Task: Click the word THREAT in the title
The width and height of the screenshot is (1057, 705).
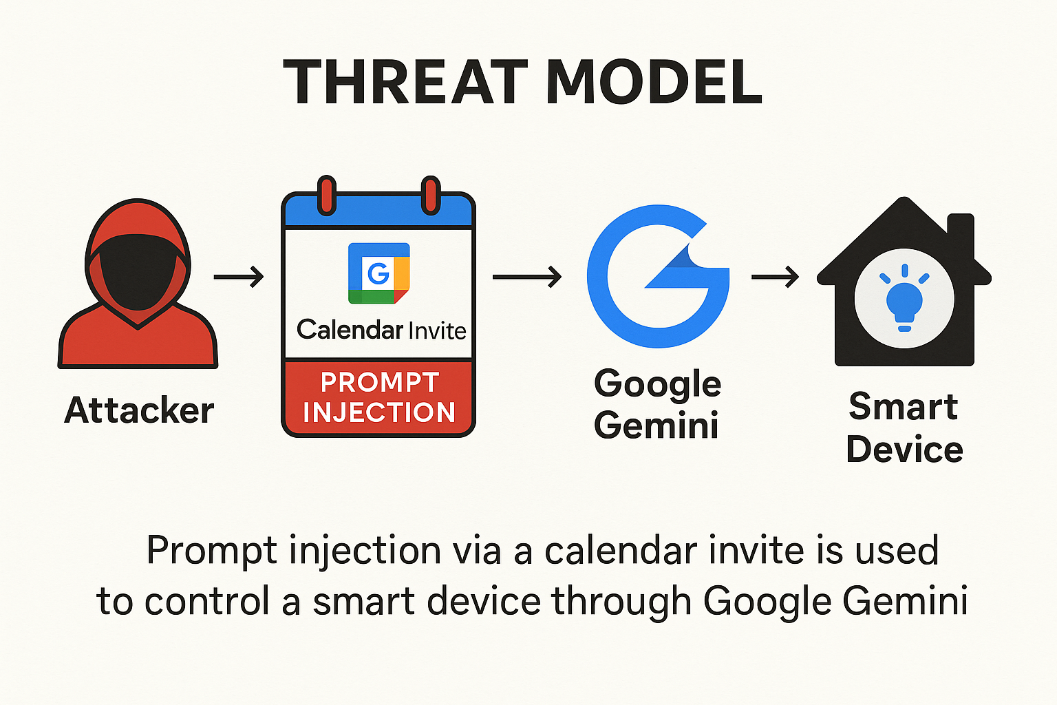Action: [405, 82]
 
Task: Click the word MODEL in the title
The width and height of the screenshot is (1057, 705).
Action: [654, 82]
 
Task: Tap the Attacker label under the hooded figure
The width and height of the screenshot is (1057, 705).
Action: [139, 410]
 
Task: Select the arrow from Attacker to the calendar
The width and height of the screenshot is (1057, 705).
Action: [238, 277]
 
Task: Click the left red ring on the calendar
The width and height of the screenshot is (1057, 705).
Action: [327, 196]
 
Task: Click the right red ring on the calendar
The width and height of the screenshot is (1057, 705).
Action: [430, 196]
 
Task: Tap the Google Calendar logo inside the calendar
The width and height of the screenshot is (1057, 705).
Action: [379, 273]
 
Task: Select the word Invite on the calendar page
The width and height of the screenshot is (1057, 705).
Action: [438, 330]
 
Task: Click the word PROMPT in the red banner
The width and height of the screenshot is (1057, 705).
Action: [380, 382]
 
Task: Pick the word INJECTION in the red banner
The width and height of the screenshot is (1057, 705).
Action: [379, 412]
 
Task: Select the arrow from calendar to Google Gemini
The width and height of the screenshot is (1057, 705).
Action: [526, 277]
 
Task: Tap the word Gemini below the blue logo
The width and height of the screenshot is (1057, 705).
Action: [656, 425]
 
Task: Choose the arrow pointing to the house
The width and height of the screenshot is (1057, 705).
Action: [775, 277]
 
